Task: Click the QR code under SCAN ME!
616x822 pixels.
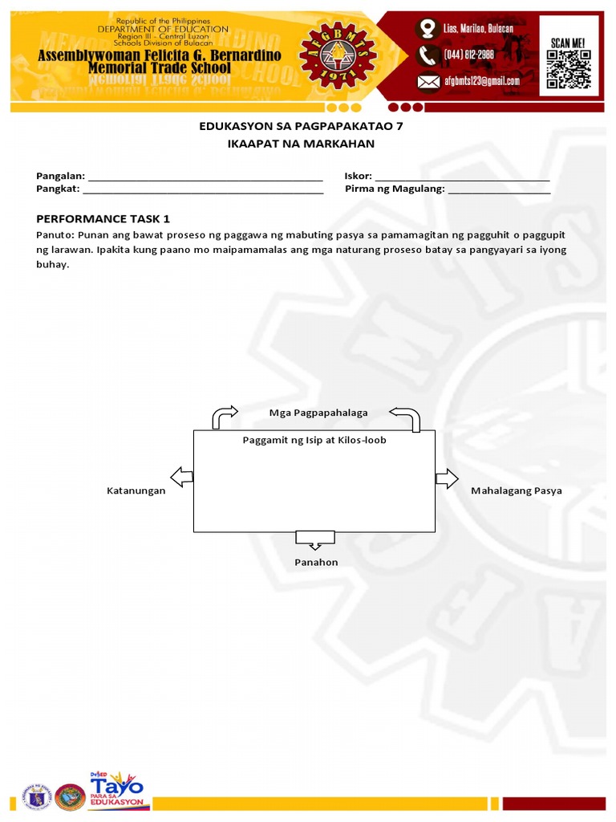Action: pos(568,68)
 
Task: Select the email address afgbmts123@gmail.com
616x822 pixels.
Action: pos(480,81)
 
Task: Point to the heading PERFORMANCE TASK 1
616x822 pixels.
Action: pos(103,218)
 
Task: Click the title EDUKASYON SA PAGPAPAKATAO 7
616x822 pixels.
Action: pos(301,126)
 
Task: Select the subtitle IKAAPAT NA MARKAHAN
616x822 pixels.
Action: pos(301,144)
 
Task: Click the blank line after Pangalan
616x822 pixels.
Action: pos(205,177)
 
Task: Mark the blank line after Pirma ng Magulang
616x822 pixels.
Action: pos(499,190)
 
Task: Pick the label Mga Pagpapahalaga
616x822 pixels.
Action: pos(318,413)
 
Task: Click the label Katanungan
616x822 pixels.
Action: pos(136,490)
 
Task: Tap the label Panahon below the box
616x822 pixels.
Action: pos(316,562)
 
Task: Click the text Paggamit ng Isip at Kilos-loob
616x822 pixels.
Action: pos(314,440)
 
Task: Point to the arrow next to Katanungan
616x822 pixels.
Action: pos(182,476)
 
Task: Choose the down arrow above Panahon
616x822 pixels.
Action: pos(314,538)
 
